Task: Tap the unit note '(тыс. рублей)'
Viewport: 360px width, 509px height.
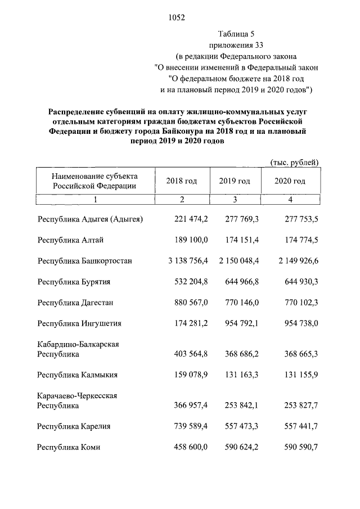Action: pyautogui.click(x=295, y=162)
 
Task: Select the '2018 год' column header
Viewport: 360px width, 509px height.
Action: pyautogui.click(x=182, y=181)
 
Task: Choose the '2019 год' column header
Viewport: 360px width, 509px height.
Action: pyautogui.click(x=235, y=181)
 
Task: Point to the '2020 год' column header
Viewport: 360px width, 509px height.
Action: pyautogui.click(x=290, y=181)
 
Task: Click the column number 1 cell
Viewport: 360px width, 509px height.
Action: pyautogui.click(x=96, y=199)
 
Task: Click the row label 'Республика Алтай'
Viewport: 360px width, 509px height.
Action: pyautogui.click(x=70, y=240)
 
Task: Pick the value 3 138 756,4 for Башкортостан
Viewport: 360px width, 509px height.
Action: pyautogui.click(x=180, y=261)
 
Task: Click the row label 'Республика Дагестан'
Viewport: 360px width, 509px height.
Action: pyautogui.click(x=75, y=303)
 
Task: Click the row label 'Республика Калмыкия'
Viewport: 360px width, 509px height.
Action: pyautogui.click(x=76, y=375)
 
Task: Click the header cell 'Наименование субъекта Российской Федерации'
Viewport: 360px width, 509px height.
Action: pyautogui.click(x=95, y=181)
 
